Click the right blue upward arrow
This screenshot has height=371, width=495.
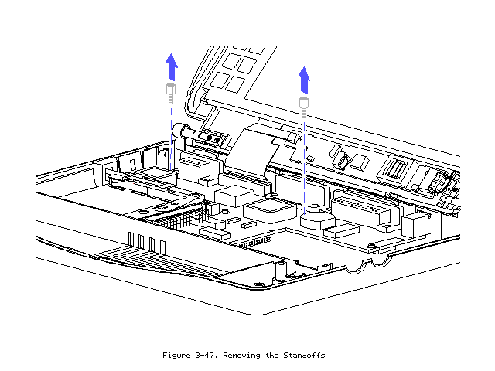305,79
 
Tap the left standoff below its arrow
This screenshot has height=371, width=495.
170,94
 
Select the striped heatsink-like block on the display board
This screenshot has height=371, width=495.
394,172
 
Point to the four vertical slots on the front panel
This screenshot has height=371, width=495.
147,243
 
